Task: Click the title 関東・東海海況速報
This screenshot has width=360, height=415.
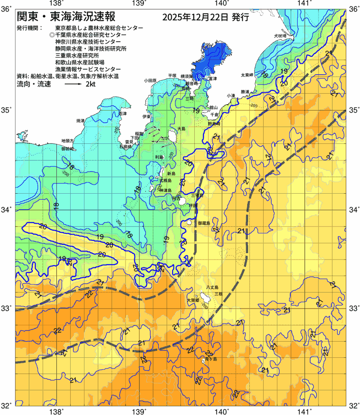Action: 69,17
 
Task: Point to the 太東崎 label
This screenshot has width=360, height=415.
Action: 247,75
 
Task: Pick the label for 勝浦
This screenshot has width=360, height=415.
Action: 244,91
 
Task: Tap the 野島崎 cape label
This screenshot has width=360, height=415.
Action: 214,124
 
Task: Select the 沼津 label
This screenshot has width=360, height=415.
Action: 122,113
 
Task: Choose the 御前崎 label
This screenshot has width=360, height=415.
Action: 68,149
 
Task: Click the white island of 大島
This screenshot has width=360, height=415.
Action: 174,136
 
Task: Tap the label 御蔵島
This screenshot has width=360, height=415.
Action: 204,223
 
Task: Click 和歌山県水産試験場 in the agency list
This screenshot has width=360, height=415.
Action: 80,62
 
